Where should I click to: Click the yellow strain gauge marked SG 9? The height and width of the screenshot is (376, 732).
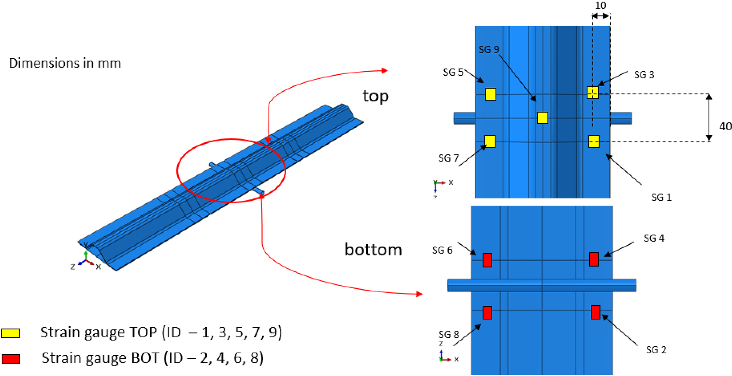point(543,118)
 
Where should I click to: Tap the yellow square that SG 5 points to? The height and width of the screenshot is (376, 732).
point(490,94)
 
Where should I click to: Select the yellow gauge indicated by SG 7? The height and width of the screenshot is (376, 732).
point(489,141)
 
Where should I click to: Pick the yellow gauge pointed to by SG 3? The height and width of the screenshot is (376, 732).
point(592,92)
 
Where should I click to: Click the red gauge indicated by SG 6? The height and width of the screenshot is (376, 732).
point(487,260)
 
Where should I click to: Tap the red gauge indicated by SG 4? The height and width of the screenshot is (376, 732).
point(594,259)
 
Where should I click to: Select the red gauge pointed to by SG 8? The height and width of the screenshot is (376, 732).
point(487,313)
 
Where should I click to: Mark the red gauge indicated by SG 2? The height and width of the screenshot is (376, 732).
point(595,312)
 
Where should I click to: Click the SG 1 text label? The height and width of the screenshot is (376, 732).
point(661,197)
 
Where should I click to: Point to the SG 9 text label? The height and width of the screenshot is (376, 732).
point(489,50)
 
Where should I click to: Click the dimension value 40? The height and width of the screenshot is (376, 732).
point(725,126)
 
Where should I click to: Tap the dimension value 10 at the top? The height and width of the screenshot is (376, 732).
point(600,6)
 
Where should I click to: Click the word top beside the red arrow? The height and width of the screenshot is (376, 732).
point(375,96)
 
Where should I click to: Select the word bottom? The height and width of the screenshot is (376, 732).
point(373,250)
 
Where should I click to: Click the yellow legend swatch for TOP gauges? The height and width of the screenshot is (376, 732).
point(10,333)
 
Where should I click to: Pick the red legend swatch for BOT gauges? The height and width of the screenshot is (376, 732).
point(11,359)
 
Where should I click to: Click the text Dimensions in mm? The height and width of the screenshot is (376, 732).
point(65,63)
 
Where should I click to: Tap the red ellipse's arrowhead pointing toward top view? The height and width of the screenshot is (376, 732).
point(385,70)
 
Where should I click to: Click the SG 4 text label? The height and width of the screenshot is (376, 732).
point(654,238)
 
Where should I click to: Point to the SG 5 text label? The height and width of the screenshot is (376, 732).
point(453,73)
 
